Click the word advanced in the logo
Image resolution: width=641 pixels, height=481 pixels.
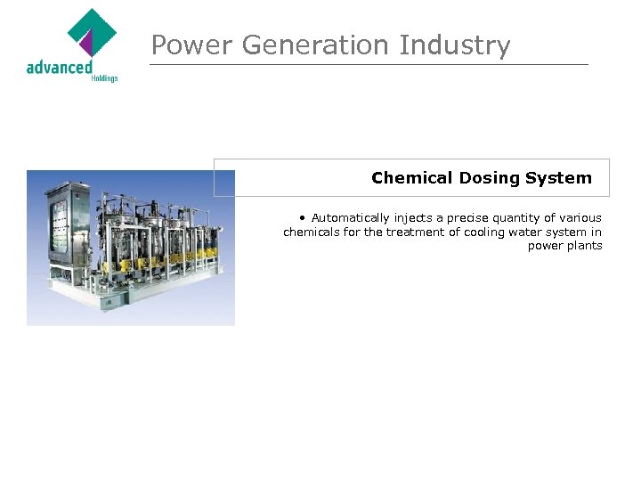pos(59,67)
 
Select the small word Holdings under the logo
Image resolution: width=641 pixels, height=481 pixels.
pos(104,78)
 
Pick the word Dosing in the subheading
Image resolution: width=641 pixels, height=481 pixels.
pos(489,178)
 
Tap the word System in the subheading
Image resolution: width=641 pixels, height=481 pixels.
pos(558,178)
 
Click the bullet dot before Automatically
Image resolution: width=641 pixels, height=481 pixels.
pos(304,217)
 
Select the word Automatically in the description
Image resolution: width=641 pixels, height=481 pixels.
pos(351,217)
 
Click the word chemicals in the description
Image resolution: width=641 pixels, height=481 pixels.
pos(311,232)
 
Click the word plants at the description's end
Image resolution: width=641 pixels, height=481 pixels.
pos(584,246)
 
